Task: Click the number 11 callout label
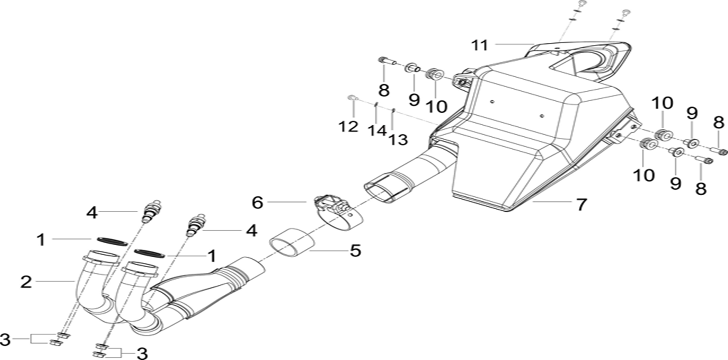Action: click(x=480, y=45)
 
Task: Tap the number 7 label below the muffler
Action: click(x=581, y=205)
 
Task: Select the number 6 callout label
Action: click(x=257, y=202)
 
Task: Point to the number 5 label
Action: click(x=355, y=250)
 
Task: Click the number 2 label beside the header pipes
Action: click(x=26, y=282)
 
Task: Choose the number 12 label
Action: click(x=349, y=126)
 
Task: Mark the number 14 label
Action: click(x=377, y=130)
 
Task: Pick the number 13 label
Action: click(x=398, y=140)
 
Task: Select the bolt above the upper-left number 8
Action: click(x=387, y=61)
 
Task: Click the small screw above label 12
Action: click(x=353, y=98)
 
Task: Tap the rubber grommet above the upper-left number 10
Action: click(x=434, y=75)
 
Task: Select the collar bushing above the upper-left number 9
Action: click(x=412, y=68)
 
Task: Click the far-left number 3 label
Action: click(x=5, y=340)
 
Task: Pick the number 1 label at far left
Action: click(x=41, y=240)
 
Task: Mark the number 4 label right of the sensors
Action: click(x=252, y=231)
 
